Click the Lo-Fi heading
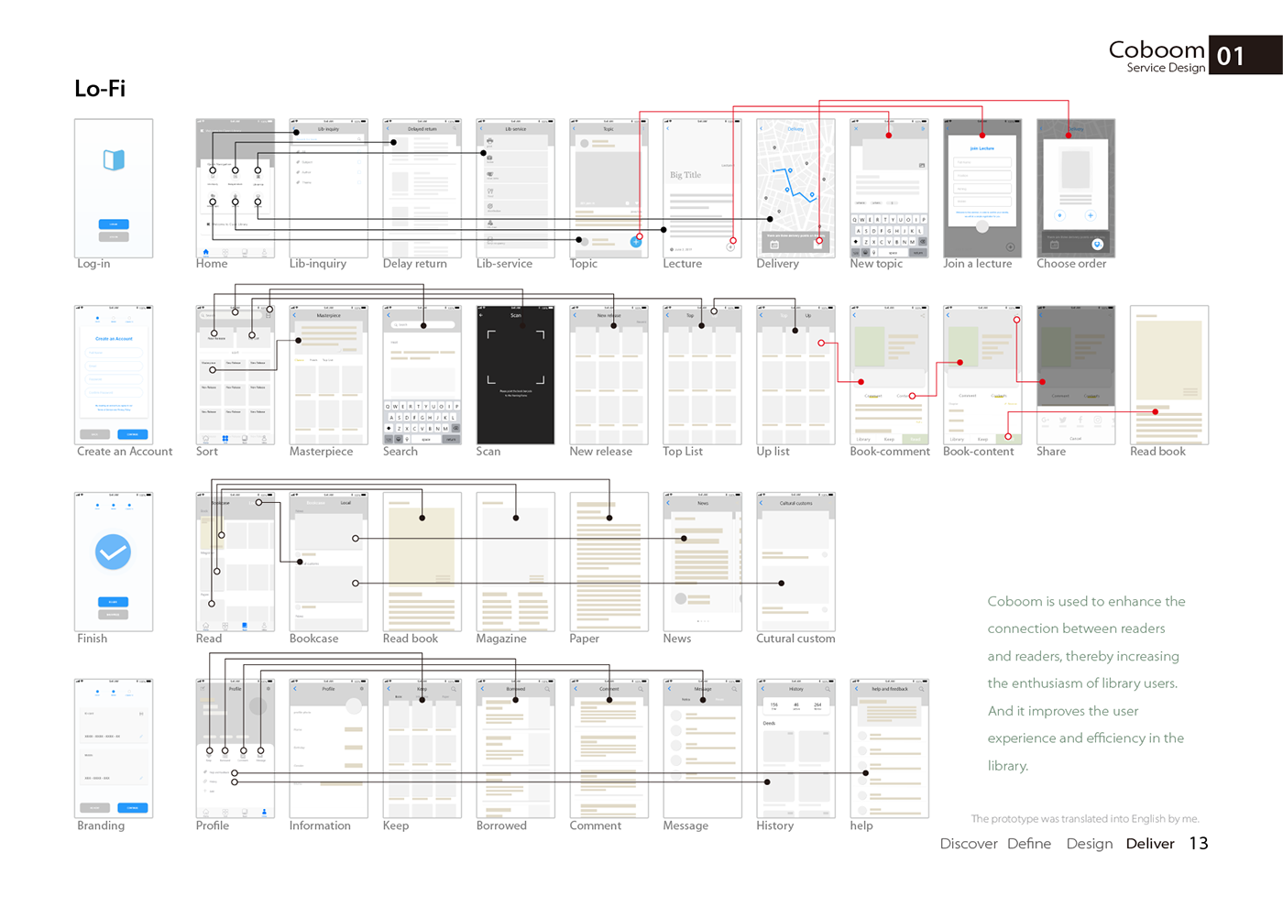click(x=100, y=89)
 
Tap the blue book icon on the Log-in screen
click(x=114, y=160)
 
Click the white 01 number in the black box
click(x=1231, y=57)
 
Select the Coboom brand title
click(x=1157, y=49)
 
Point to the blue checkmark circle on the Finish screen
click(x=114, y=552)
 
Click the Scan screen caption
click(x=488, y=452)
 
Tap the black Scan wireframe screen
click(x=516, y=376)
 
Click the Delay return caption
click(x=415, y=264)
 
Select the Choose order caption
click(x=1071, y=264)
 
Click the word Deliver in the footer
click(x=1150, y=844)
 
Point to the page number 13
click(x=1199, y=844)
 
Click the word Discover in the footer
click(x=969, y=844)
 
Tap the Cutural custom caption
click(x=795, y=639)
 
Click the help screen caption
click(x=861, y=825)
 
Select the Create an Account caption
click(x=125, y=452)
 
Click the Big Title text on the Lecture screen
click(x=685, y=175)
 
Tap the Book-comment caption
click(x=890, y=452)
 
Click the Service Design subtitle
click(x=1166, y=68)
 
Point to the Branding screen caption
click(x=101, y=825)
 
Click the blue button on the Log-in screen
click(x=114, y=224)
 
